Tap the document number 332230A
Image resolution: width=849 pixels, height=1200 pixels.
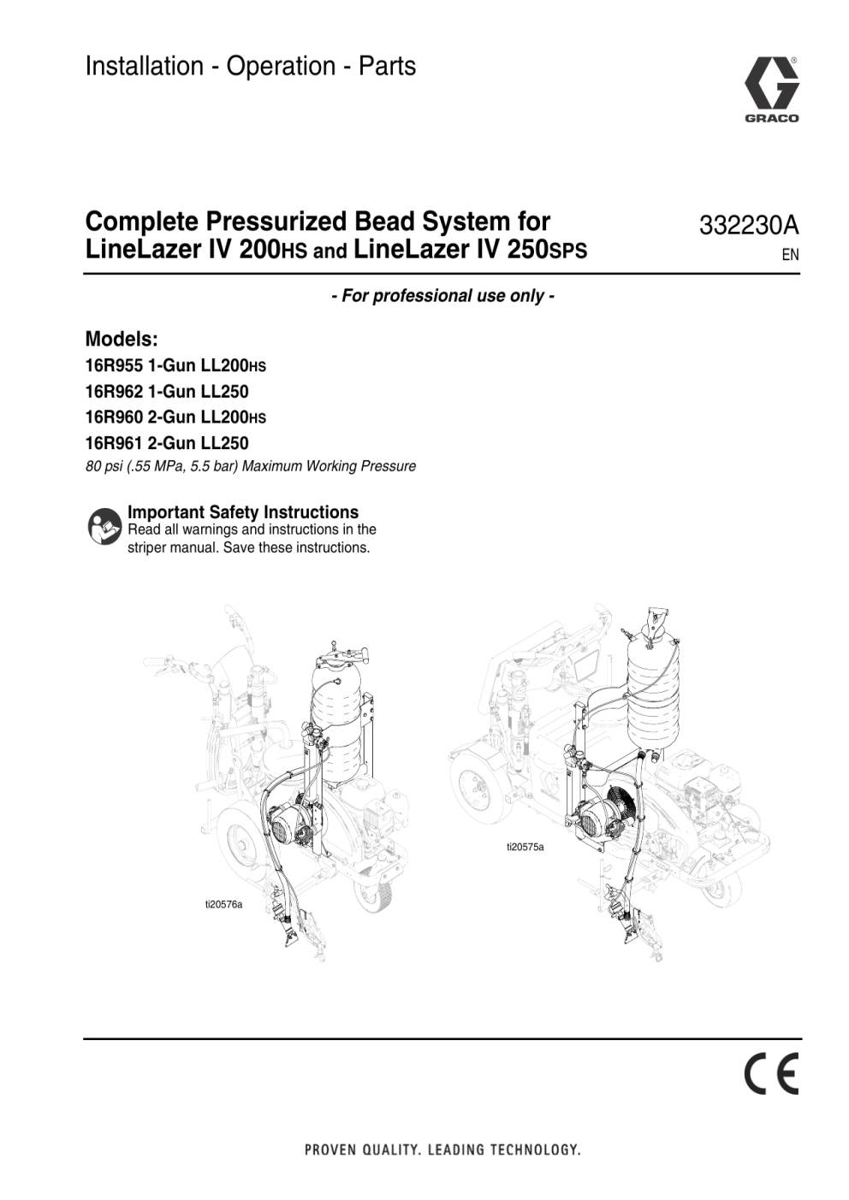(x=749, y=226)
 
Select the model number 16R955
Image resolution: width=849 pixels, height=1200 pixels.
(x=114, y=366)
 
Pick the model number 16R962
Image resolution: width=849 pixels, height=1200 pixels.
(x=114, y=392)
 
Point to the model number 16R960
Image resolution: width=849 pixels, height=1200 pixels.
(x=114, y=417)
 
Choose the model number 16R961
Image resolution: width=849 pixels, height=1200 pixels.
(x=114, y=443)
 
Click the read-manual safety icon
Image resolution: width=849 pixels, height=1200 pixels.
(x=104, y=527)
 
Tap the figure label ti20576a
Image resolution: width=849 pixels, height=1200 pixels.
(x=224, y=905)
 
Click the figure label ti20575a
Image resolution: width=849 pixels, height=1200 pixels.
(x=525, y=847)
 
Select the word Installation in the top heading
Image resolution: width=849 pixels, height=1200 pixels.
(x=145, y=67)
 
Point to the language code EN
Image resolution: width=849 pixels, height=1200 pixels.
(x=791, y=255)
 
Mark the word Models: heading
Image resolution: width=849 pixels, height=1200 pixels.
(x=122, y=339)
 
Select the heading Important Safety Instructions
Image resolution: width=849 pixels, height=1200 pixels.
(x=243, y=512)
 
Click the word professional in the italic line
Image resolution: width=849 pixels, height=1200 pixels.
(x=419, y=296)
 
